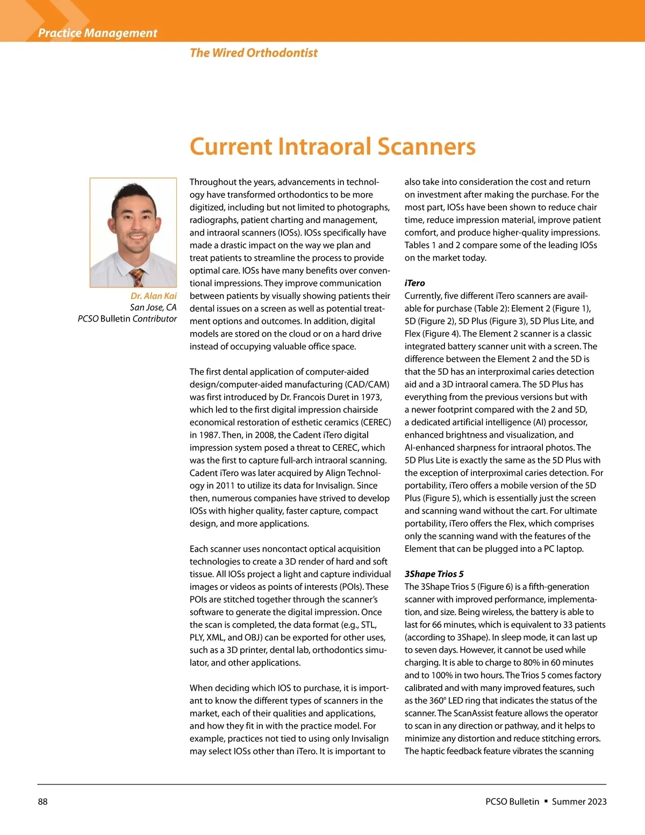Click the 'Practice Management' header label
(97, 33)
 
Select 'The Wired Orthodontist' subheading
(253, 53)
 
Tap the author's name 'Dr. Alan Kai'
(153, 296)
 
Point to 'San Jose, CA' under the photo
(153, 308)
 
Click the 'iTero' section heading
(414, 283)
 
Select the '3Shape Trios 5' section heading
(434, 574)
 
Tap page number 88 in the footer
(42, 802)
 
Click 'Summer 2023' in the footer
(579, 802)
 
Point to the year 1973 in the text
(371, 397)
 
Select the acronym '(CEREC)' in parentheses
(375, 422)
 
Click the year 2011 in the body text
(225, 486)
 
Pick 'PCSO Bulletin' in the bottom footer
(512, 802)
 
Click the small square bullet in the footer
(546, 801)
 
